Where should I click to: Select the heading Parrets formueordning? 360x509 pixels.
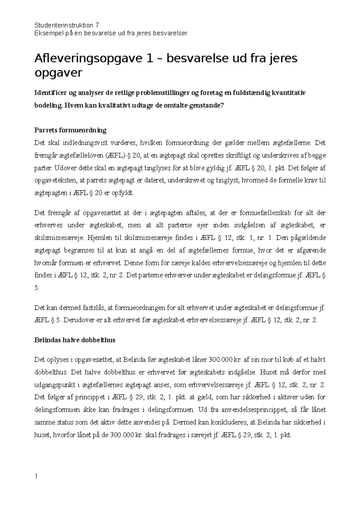coord(70,130)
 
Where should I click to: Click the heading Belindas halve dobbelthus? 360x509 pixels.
coord(75,340)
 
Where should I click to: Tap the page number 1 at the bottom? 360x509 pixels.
coord(36,476)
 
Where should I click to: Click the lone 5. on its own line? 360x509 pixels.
coord(37,288)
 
